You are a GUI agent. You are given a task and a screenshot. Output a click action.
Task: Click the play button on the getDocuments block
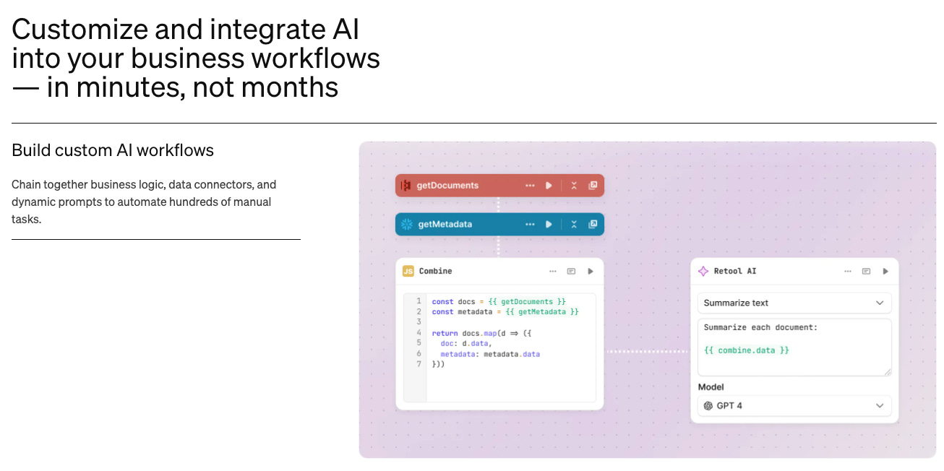549,186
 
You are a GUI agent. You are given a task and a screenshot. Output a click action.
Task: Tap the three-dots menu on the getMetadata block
530,224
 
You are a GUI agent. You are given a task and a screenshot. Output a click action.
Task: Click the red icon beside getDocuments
406,186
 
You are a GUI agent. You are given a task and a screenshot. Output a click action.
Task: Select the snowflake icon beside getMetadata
406,224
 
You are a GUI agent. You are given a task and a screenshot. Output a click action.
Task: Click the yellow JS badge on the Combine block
408,271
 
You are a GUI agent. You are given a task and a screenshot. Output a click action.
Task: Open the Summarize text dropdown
794,303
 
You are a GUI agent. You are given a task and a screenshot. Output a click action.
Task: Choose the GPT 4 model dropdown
794,405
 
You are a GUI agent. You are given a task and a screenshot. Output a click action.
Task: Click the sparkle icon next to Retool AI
703,271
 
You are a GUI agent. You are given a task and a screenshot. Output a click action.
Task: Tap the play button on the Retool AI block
885,271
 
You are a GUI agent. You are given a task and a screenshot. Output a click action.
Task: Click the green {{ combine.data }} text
747,350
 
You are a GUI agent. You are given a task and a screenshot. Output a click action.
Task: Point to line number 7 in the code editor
419,364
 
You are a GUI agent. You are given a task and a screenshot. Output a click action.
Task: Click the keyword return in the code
445,333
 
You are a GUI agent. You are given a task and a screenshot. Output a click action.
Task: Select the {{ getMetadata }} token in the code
533,311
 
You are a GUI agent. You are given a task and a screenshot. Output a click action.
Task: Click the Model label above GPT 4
711,387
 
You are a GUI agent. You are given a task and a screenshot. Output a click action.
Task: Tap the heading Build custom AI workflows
113,150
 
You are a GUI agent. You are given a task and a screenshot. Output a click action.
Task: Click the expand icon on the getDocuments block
593,186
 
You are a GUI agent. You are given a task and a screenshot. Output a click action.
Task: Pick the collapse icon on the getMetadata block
574,224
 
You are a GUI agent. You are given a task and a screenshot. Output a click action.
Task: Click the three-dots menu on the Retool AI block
848,271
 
